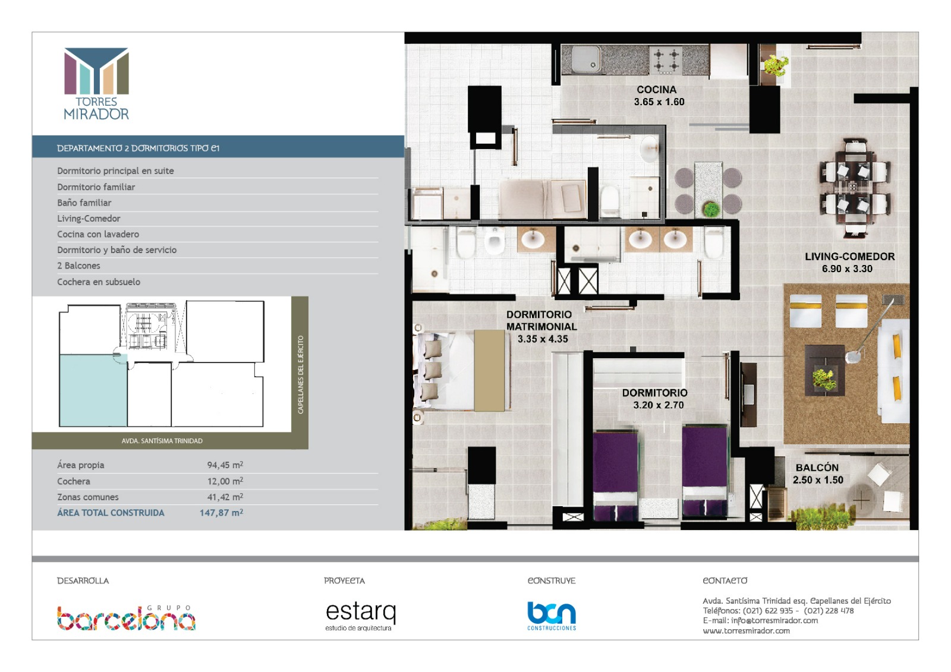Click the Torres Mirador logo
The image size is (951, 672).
click(96, 84)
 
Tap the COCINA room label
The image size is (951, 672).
click(656, 90)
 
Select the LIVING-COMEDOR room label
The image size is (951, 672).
click(850, 257)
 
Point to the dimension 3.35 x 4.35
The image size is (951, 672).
click(543, 339)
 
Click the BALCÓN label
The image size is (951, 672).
click(817, 468)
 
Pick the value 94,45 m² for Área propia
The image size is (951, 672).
click(225, 465)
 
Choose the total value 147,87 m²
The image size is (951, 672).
click(221, 512)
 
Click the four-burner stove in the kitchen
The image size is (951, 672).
click(666, 60)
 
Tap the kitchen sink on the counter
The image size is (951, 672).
click(586, 59)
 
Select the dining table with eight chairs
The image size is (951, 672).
click(854, 187)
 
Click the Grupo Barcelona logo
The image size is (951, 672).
click(126, 618)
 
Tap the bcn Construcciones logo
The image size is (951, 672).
click(552, 616)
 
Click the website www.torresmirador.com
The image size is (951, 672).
click(746, 631)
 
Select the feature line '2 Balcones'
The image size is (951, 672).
click(78, 266)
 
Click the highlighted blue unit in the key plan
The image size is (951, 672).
click(93, 390)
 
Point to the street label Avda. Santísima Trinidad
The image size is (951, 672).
click(162, 441)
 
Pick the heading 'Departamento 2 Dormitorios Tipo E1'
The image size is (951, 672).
click(138, 148)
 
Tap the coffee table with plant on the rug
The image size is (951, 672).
click(825, 370)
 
